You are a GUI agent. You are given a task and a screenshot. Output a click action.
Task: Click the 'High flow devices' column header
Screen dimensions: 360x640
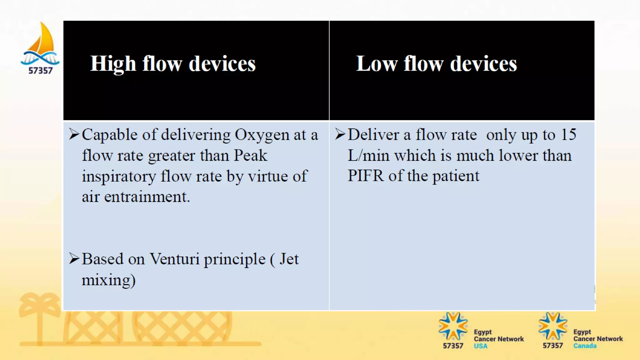(173, 64)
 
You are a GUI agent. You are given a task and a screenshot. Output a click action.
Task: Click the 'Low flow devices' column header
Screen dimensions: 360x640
(436, 64)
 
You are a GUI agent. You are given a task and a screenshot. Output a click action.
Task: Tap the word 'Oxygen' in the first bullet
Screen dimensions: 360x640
(262, 135)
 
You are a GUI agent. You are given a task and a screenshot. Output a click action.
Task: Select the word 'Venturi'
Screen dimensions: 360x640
(174, 259)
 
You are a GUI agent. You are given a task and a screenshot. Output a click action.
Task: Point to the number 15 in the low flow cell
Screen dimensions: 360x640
(568, 135)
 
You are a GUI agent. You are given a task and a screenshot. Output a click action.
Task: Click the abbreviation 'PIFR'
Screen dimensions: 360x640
(365, 176)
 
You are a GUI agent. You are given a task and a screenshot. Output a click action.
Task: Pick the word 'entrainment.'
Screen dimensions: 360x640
(147, 197)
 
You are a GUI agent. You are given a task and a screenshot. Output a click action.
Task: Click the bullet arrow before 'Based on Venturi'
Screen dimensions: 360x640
(74, 259)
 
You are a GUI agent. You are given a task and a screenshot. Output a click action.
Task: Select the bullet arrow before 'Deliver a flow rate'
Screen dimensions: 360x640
(340, 134)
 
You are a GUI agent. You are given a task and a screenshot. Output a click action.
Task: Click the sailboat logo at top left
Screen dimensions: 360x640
(41, 44)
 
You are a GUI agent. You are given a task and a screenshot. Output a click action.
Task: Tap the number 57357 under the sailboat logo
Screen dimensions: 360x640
(41, 71)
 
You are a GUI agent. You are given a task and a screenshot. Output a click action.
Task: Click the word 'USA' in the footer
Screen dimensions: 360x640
(480, 346)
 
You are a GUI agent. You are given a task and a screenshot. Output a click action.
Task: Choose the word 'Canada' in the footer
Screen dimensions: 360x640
(585, 346)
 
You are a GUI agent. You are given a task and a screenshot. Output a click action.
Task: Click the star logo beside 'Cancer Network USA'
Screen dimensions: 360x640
(453, 326)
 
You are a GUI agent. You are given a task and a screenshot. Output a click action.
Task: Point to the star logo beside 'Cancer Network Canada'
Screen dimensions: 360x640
(552, 326)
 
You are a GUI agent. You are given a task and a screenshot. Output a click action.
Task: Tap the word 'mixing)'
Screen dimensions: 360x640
(108, 280)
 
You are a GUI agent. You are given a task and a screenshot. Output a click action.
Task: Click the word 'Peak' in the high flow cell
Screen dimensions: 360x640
(251, 156)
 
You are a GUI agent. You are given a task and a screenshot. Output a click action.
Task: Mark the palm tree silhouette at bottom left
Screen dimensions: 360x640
(39, 316)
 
